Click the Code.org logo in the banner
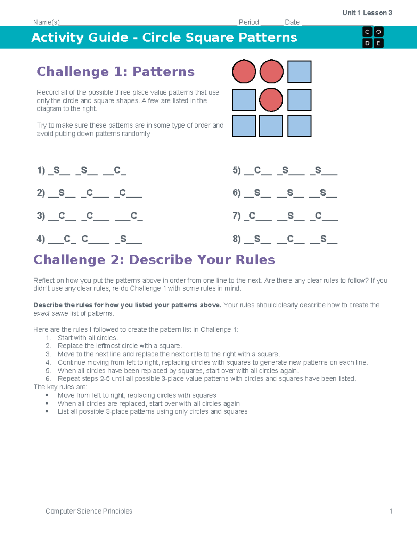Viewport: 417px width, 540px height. [373, 37]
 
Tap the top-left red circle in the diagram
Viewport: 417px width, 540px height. [244, 72]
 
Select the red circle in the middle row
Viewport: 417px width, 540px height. [271, 100]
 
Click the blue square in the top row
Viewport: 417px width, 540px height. [299, 72]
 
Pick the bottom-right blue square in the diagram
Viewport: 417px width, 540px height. [299, 126]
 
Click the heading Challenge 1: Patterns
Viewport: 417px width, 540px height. [115, 72]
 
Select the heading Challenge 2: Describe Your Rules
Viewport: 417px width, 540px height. [154, 260]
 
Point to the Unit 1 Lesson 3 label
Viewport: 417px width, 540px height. [367, 13]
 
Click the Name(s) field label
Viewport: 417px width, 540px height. [47, 22]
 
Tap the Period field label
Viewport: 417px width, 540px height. [249, 22]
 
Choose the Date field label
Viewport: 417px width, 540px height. [292, 22]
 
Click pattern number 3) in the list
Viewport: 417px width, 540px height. [41, 216]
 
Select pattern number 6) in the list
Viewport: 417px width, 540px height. [237, 193]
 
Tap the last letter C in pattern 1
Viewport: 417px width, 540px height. [117, 170]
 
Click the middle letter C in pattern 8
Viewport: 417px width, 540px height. [290, 239]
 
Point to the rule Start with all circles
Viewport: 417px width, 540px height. [88, 338]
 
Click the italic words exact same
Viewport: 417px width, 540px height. [51, 313]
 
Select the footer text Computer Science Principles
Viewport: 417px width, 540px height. [89, 511]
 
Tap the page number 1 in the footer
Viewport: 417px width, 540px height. [391, 511]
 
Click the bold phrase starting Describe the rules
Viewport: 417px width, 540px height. [127, 305]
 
